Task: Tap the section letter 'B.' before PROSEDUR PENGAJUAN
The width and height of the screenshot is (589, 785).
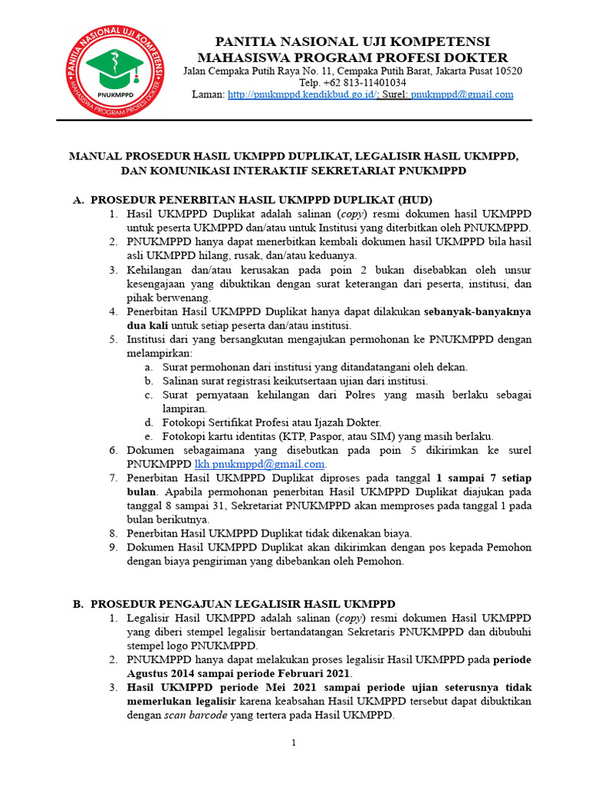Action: click(x=78, y=604)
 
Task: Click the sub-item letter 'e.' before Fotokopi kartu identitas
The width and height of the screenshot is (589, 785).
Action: click(x=149, y=436)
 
